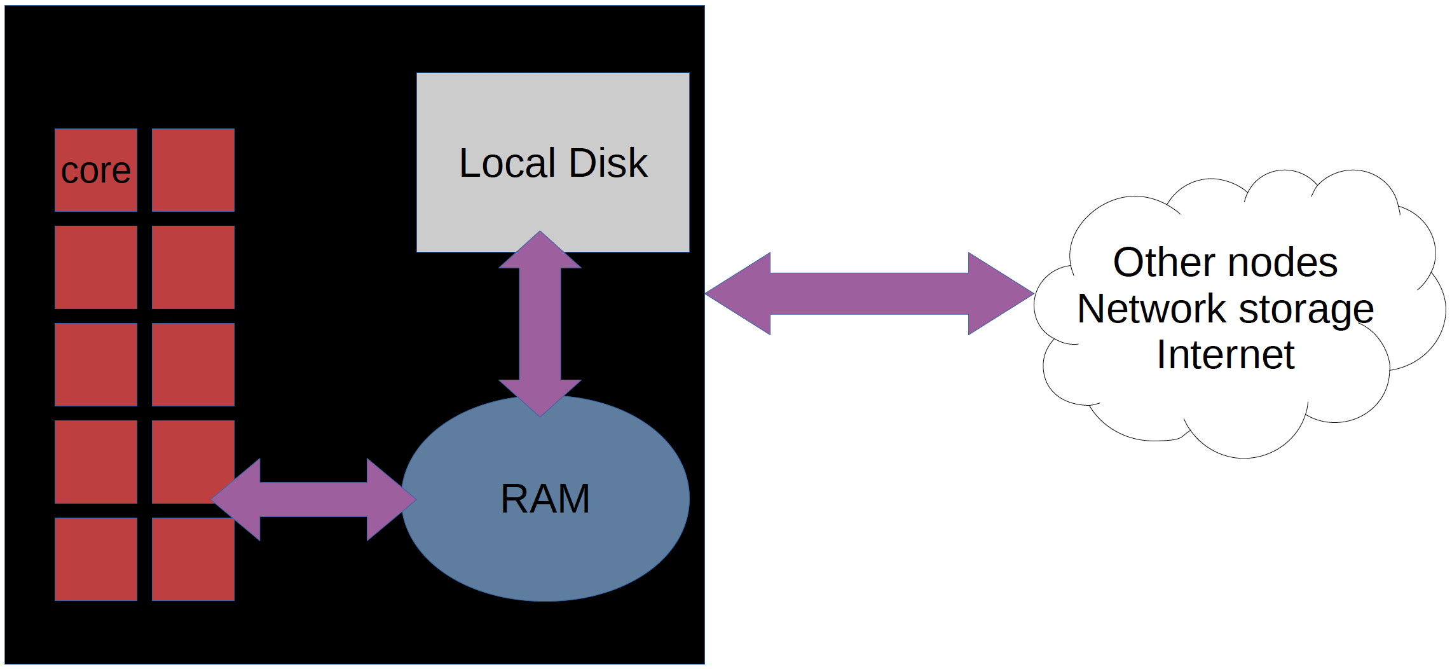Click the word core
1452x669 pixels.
click(96, 171)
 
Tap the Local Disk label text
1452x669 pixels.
click(553, 163)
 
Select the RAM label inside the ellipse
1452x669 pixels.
click(545, 498)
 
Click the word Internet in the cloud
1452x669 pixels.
click(1225, 354)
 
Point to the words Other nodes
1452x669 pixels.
click(1225, 262)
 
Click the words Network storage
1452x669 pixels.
click(1225, 309)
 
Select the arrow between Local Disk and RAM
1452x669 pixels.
click(540, 324)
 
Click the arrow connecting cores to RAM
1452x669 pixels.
click(313, 500)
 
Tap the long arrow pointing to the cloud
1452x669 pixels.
click(869, 293)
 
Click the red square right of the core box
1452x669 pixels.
click(193, 170)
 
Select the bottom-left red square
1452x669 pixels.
click(96, 559)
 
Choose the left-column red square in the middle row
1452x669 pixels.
click(96, 364)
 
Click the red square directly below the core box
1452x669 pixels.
click(96, 267)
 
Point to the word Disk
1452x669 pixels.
click(608, 163)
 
